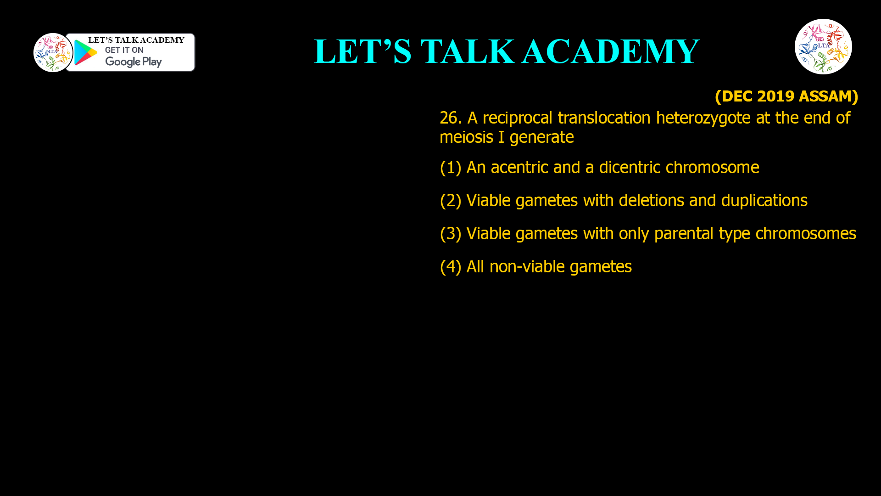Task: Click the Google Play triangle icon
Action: [x=85, y=52]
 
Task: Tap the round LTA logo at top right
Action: [x=823, y=46]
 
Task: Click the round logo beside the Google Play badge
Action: [x=53, y=52]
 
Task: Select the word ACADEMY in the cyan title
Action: [x=610, y=51]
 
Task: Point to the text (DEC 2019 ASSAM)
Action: [x=786, y=96]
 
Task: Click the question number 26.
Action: [x=450, y=118]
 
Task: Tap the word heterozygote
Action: [x=703, y=118]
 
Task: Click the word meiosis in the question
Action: [x=466, y=137]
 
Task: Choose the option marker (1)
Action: [x=450, y=168]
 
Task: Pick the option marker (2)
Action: [x=450, y=201]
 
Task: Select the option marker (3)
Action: [x=450, y=234]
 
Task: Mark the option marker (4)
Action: [x=450, y=267]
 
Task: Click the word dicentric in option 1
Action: [x=630, y=168]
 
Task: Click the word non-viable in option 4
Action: [x=527, y=267]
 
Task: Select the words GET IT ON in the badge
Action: [x=124, y=50]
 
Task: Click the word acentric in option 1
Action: [x=519, y=168]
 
